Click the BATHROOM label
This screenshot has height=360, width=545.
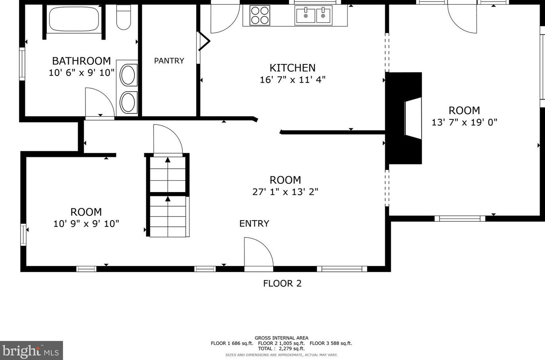[x=81, y=61]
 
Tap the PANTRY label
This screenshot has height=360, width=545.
[x=169, y=60]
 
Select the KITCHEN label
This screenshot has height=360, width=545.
[x=292, y=68]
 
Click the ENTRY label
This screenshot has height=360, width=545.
[x=254, y=223]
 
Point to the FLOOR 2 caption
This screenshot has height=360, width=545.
[x=282, y=283]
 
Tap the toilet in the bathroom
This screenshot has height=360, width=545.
[x=123, y=18]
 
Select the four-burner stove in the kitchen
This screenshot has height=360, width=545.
[x=260, y=15]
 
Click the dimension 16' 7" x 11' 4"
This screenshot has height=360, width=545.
[x=292, y=79]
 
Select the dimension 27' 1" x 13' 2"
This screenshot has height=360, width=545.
[x=285, y=192]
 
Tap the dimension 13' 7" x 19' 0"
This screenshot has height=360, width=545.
[x=464, y=122]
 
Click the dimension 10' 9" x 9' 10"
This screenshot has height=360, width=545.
[x=86, y=224]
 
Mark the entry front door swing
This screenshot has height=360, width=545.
[x=257, y=253]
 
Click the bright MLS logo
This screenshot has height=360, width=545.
[x=31, y=351]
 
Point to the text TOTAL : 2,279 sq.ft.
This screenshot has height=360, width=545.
[x=281, y=349]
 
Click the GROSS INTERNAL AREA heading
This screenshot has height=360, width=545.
[x=281, y=338]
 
